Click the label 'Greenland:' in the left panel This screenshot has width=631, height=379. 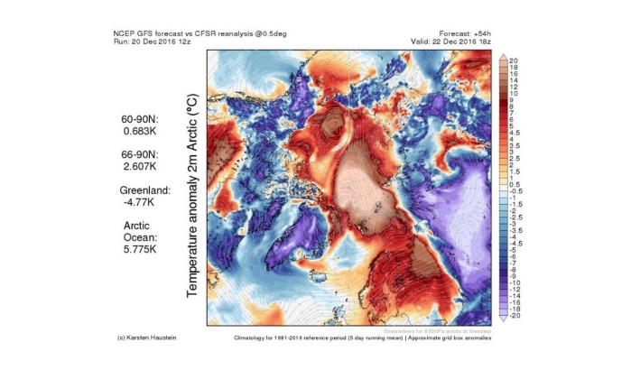pos(145,191)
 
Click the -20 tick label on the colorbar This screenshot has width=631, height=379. pos(515,318)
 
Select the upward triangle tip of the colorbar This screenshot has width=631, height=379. pos(502,55)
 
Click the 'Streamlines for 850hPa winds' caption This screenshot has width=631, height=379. pos(446,329)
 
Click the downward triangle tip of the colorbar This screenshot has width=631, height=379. pos(502,322)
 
